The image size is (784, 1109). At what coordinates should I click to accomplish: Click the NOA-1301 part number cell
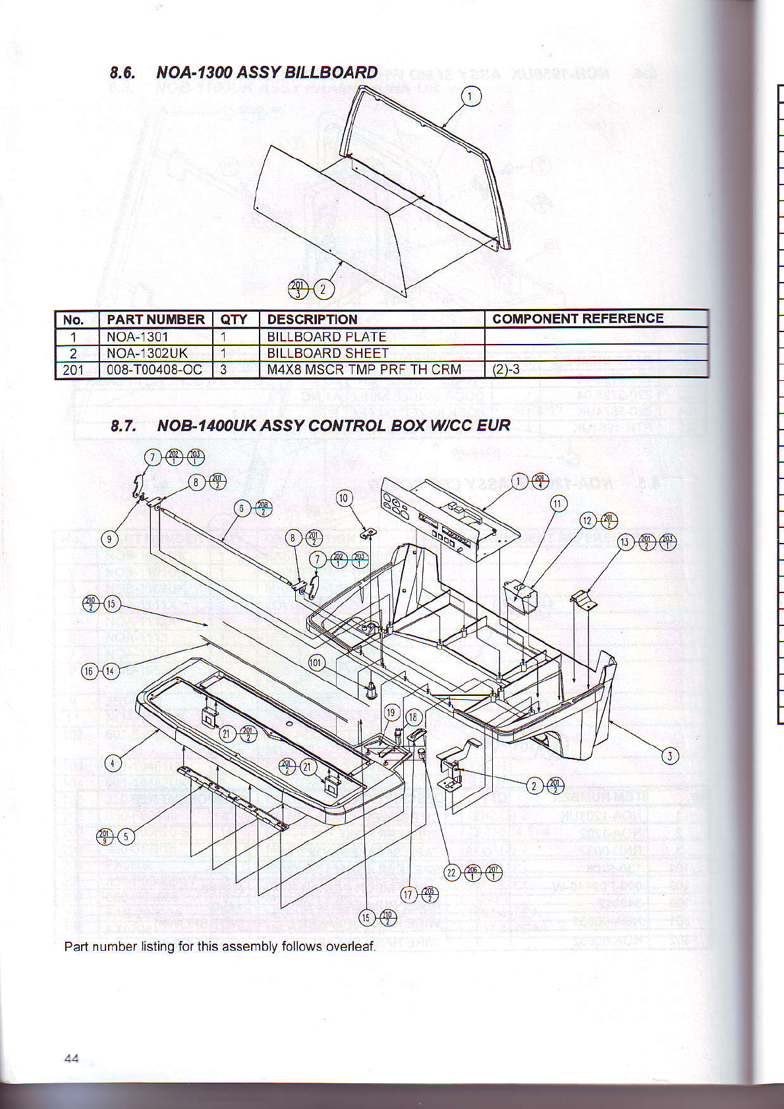pyautogui.click(x=137, y=337)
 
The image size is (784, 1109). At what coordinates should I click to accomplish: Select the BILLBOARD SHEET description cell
pyautogui.click(x=327, y=353)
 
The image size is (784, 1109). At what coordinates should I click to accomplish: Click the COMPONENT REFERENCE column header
pyautogui.click(x=578, y=319)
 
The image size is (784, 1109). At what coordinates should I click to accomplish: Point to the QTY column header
pyautogui.click(x=234, y=320)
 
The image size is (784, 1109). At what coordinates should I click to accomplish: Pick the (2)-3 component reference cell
pyautogui.click(x=506, y=370)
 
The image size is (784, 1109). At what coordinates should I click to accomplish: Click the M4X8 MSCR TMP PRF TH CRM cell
pyautogui.click(x=364, y=370)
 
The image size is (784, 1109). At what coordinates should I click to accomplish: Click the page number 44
pyautogui.click(x=72, y=1058)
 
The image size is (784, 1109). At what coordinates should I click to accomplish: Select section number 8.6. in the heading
pyautogui.click(x=123, y=72)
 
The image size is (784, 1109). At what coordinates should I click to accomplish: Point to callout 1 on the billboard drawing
pyautogui.click(x=470, y=97)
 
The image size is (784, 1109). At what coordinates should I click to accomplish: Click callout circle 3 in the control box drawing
pyautogui.click(x=669, y=756)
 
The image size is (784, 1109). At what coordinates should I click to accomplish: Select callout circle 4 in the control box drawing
pyautogui.click(x=113, y=764)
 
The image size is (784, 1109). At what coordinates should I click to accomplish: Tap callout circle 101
pyautogui.click(x=316, y=662)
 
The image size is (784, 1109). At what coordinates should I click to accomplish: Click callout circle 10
pyautogui.click(x=344, y=498)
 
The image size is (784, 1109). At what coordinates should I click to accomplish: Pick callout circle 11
pyautogui.click(x=559, y=505)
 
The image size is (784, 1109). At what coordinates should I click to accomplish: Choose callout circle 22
pyautogui.click(x=451, y=873)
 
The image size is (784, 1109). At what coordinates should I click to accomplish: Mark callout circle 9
pyautogui.click(x=109, y=539)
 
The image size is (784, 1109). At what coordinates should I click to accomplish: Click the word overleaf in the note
pyautogui.click(x=350, y=947)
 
